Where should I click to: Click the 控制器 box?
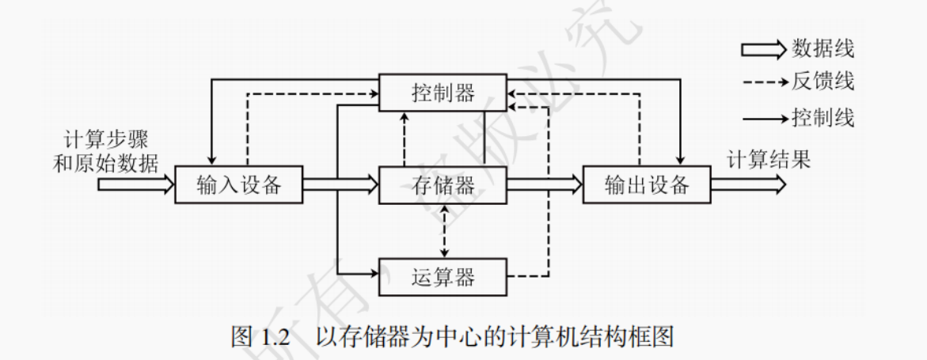click(x=443, y=93)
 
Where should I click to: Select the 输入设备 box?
click(x=238, y=185)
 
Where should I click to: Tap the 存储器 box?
click(x=443, y=185)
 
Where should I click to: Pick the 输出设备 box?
click(x=646, y=185)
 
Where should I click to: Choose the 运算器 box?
click(x=443, y=276)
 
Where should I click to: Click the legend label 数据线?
click(x=823, y=49)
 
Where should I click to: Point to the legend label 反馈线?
click(x=823, y=80)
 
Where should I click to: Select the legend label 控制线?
click(x=823, y=119)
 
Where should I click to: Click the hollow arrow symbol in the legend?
click(x=763, y=49)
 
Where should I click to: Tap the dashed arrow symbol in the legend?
click(x=763, y=81)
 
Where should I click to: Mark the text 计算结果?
click(x=769, y=160)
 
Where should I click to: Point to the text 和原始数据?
click(x=105, y=163)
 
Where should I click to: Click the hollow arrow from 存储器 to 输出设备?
click(x=544, y=185)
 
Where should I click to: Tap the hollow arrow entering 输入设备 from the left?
click(x=135, y=185)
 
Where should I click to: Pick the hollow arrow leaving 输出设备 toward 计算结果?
click(x=748, y=185)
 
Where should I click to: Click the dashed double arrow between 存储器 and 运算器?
click(x=445, y=230)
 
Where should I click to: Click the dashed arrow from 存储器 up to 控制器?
click(x=405, y=138)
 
